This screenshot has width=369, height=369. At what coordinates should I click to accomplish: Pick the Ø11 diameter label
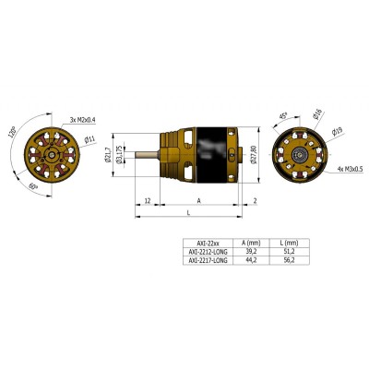coord(89,140)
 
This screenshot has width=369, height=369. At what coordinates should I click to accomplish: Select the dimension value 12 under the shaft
coord(148,199)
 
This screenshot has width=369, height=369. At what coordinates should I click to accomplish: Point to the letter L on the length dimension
coord(188,212)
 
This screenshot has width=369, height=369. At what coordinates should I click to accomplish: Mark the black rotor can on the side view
coord(212,153)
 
